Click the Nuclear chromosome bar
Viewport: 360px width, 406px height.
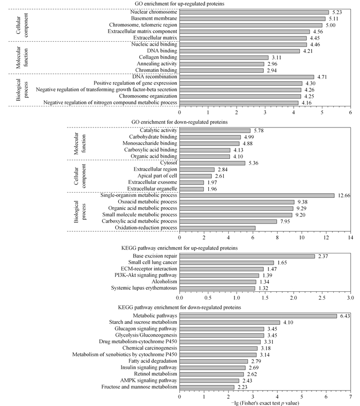coord(254,12)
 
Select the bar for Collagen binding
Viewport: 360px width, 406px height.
coord(224,58)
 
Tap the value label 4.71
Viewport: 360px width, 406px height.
coord(322,77)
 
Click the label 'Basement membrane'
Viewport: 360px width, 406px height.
coord(154,19)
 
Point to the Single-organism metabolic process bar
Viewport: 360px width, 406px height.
coord(257,195)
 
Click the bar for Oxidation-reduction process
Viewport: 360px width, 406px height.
coord(218,228)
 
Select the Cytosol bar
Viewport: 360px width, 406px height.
coord(212,163)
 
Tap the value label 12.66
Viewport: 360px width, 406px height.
coord(344,195)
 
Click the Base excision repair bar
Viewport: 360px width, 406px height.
coord(247,256)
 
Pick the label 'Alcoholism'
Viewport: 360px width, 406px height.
coord(165,282)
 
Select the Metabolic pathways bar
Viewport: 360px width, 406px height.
coord(258,316)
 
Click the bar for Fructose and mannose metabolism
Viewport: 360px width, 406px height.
coord(207,387)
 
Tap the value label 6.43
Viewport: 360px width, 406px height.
coord(345,316)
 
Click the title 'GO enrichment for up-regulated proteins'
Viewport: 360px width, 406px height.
coord(179,4)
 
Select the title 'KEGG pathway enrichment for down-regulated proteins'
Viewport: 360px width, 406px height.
coord(179,307)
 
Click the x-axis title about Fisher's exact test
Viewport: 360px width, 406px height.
coord(265,403)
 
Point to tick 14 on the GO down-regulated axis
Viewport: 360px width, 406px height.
coord(351,237)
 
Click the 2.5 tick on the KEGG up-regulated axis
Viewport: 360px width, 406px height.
coord(322,298)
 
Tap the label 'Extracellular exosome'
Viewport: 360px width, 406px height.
coord(152,182)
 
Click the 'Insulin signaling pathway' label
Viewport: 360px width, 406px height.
coord(149,367)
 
